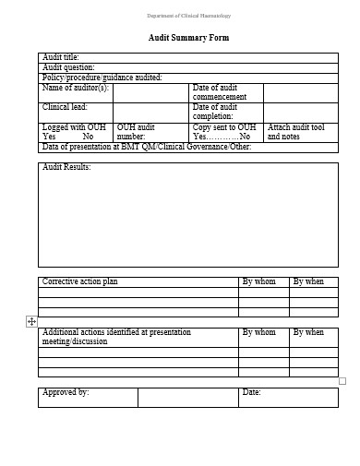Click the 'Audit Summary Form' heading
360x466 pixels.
(188, 38)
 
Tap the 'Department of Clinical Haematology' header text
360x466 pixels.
(189, 16)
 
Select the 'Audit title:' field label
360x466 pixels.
(62, 57)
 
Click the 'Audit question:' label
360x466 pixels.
(69, 67)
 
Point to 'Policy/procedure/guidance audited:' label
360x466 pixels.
(102, 78)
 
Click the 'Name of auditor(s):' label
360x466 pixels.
(77, 88)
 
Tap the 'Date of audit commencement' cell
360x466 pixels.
(220, 92)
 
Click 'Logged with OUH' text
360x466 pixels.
(74, 127)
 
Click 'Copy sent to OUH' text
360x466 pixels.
(224, 127)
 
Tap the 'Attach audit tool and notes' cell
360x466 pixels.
(296, 132)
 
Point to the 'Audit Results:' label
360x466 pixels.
(67, 167)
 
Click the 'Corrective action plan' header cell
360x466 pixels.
(80, 281)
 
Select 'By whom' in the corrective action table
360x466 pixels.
(258, 281)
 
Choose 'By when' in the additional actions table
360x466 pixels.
(308, 332)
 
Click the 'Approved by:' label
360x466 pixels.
(66, 392)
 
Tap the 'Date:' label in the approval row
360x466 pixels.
(251, 392)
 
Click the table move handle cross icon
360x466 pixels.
(31, 321)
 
